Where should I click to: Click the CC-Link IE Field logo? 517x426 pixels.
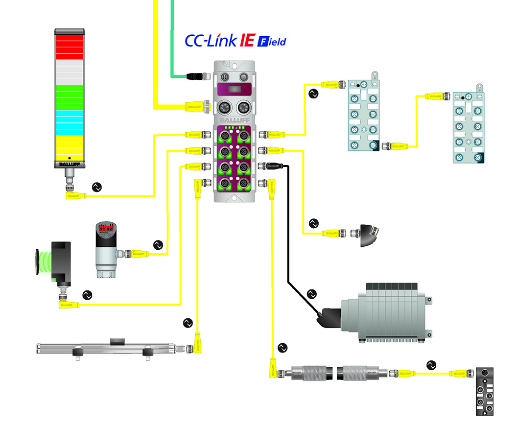click(235, 41)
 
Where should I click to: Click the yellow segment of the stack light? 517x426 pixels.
click(69, 145)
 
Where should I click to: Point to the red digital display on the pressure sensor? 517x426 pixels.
click(106, 228)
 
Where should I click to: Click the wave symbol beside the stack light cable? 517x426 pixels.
click(97, 187)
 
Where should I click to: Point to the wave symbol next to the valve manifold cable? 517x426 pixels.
click(312, 294)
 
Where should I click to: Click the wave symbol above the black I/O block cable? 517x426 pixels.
click(431, 365)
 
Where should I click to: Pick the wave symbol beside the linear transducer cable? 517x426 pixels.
click(188, 323)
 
